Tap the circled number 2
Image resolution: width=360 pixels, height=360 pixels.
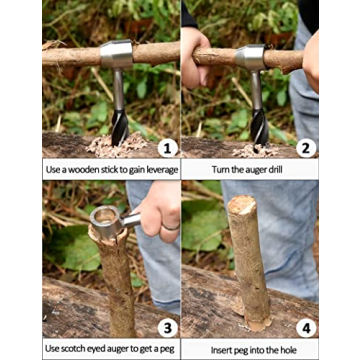(x=306, y=148)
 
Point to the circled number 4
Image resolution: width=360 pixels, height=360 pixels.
(x=304, y=325)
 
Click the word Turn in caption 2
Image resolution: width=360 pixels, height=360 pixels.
(x=218, y=169)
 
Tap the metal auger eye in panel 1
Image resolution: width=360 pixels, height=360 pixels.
(x=116, y=53)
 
